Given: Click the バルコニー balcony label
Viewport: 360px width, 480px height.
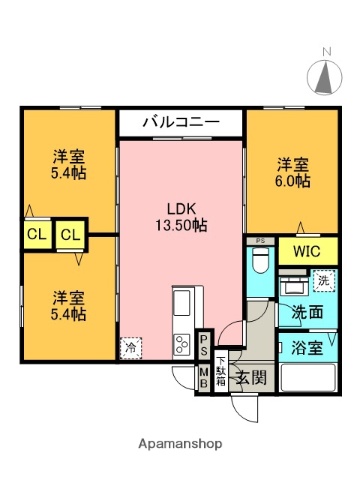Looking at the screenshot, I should click(x=180, y=123).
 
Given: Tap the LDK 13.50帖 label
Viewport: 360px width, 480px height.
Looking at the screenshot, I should click(x=180, y=217).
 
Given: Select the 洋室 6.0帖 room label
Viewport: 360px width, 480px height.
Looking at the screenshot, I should click(x=293, y=172).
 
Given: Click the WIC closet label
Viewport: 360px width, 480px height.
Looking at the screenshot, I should click(x=306, y=251).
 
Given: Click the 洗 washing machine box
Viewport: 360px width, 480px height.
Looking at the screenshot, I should click(x=325, y=282).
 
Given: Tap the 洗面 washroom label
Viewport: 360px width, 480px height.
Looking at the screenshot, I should click(x=306, y=312).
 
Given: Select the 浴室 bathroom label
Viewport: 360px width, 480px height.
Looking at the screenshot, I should click(x=307, y=349).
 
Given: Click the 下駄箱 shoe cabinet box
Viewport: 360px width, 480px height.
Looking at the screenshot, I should click(x=221, y=373).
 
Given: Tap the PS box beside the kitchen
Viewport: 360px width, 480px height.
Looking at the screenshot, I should click(x=203, y=346).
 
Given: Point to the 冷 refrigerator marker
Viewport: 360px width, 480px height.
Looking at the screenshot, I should click(x=131, y=348).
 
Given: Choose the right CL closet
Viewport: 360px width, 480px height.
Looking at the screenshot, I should click(x=70, y=235).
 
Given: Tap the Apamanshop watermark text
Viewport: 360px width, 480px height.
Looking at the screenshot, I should click(x=180, y=443).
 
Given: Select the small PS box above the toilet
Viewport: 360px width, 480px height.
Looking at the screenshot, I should click(x=260, y=241).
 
